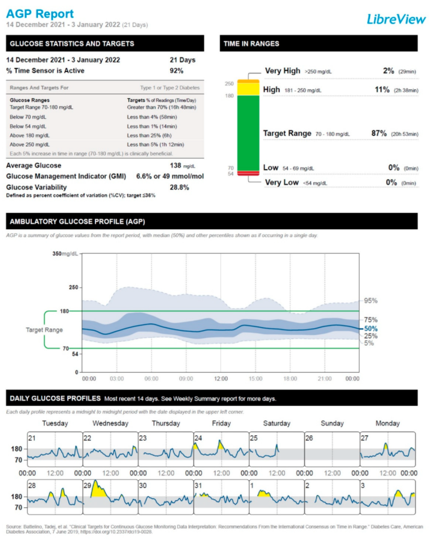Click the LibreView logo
(x=396, y=19)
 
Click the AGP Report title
(x=40, y=14)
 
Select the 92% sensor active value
(x=176, y=71)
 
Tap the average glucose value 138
(x=176, y=166)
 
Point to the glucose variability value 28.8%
(x=179, y=187)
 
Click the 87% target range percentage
(x=379, y=133)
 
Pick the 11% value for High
(x=382, y=89)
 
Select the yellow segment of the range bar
(x=248, y=89)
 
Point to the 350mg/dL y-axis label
(x=65, y=254)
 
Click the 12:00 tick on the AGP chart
(x=221, y=379)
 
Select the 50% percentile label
(x=371, y=329)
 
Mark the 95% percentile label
(x=371, y=301)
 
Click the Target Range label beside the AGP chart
(x=44, y=330)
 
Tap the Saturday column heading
(x=276, y=424)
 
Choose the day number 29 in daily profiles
(x=87, y=485)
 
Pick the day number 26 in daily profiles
(x=309, y=438)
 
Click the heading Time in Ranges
(x=251, y=43)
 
